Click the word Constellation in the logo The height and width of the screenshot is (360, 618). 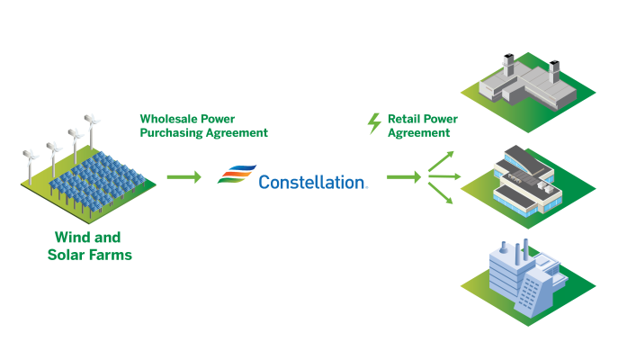(x=311, y=182)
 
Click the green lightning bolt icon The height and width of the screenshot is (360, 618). (x=375, y=123)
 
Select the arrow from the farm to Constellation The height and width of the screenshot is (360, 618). (x=184, y=177)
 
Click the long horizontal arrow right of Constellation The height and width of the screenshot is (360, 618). (x=404, y=177)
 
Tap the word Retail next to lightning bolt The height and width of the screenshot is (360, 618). (x=405, y=118)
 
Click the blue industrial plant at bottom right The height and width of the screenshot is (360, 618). (x=524, y=279)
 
